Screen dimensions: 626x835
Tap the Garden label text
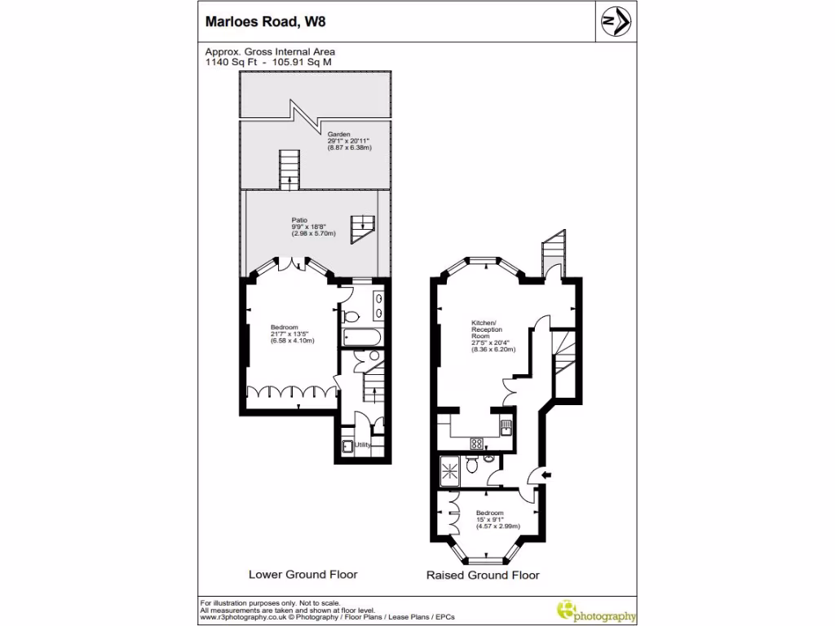point(339,134)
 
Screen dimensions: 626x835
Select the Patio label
point(300,219)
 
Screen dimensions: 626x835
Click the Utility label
point(363,445)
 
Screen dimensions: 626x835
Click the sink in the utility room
point(347,445)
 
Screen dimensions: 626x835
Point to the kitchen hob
point(477,443)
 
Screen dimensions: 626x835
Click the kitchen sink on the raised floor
point(506,429)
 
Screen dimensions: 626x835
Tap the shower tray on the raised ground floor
point(448,469)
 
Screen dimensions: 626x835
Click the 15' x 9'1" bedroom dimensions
point(490,519)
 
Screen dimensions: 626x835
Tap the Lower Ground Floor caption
point(303,575)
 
